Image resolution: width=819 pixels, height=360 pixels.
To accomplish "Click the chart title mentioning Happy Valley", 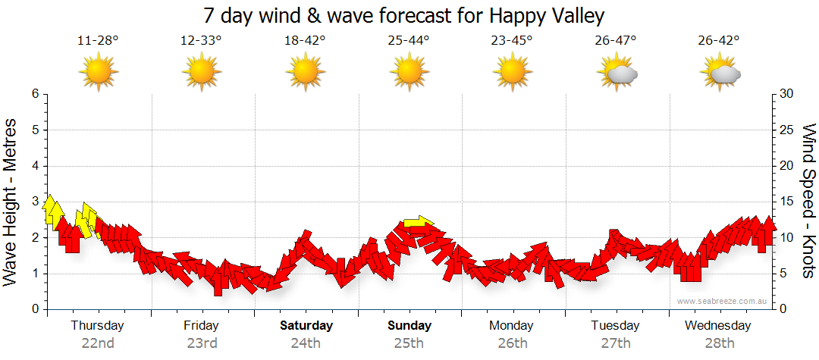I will (403, 16).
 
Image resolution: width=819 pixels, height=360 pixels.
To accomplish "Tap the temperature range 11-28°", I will (98, 41).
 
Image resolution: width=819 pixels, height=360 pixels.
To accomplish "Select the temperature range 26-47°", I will (615, 41).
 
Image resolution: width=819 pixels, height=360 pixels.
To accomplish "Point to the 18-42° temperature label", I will (305, 41).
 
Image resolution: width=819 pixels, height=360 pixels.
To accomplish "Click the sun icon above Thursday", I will (99, 74).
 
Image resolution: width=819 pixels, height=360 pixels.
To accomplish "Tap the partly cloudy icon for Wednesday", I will (720, 74).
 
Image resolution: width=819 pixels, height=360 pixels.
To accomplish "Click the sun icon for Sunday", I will (409, 74).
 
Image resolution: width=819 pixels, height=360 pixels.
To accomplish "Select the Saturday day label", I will (306, 326).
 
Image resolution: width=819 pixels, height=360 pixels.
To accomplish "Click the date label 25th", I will (409, 343).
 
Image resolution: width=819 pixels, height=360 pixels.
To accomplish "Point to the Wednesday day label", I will (717, 326).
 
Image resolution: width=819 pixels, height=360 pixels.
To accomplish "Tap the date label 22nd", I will (98, 343).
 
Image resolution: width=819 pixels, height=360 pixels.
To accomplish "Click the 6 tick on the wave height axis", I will (35, 94).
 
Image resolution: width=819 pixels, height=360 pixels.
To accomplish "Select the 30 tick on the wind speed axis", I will (786, 94).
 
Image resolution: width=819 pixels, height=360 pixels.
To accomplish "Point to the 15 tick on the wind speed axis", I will (786, 202).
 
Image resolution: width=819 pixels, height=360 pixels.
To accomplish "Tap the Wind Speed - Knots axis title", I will (808, 202).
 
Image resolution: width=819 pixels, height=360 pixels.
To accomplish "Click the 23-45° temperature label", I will (512, 41).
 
